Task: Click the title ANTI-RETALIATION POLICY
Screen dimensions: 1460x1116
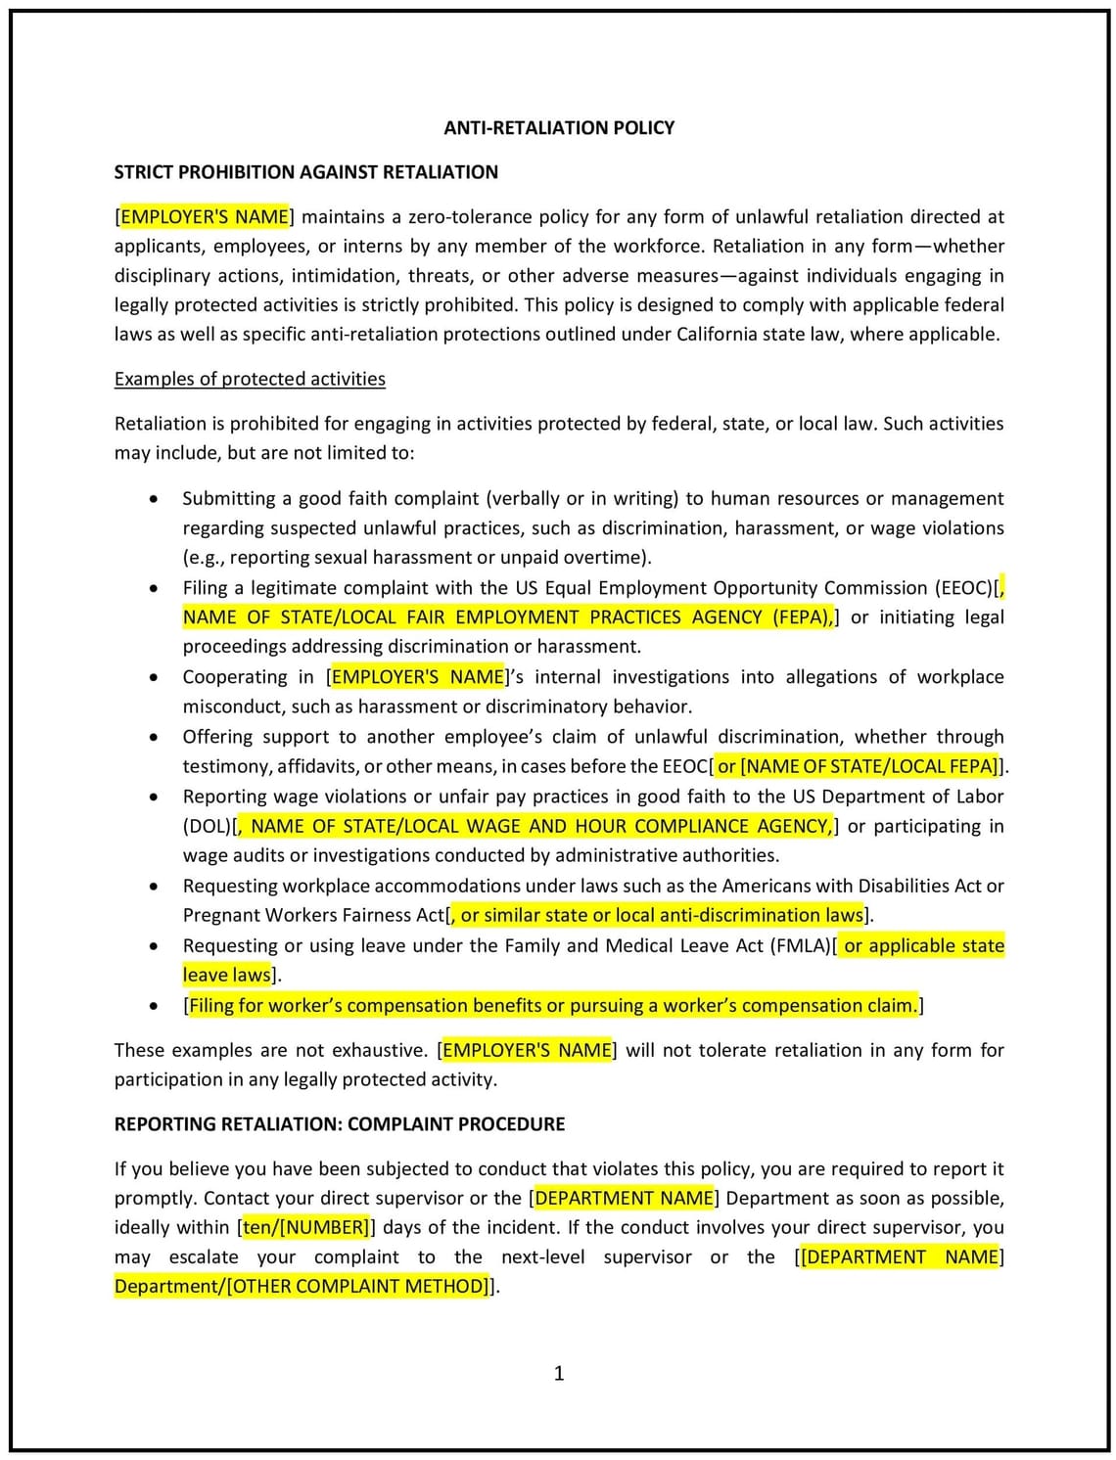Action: [x=558, y=127]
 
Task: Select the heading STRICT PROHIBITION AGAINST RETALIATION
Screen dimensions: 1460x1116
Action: [x=305, y=172]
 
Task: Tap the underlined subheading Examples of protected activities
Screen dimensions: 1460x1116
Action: [x=250, y=379]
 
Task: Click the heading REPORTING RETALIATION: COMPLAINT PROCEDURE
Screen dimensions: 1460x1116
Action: [x=339, y=1123]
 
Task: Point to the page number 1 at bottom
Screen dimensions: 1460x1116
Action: [x=559, y=1373]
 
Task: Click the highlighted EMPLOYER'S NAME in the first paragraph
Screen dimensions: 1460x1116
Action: [x=204, y=216]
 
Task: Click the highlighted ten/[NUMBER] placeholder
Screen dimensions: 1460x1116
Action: [x=305, y=1227]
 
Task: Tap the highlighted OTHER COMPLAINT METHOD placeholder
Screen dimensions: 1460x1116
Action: [x=356, y=1286]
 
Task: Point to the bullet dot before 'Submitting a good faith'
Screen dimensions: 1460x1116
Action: [x=154, y=499]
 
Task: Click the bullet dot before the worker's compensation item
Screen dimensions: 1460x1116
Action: [x=154, y=1006]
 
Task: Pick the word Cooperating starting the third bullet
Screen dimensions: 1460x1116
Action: [x=234, y=677]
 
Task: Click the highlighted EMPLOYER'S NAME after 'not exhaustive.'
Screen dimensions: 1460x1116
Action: [x=527, y=1050]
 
